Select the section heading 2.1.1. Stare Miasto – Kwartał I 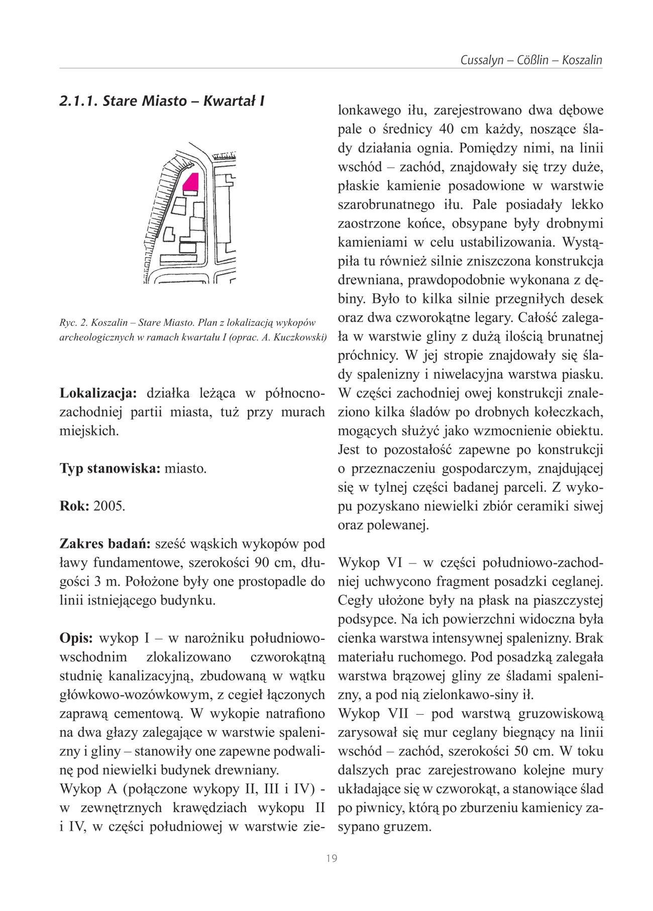pos(162,101)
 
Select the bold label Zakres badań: pos(105,544)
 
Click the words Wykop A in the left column pos(88,789)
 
